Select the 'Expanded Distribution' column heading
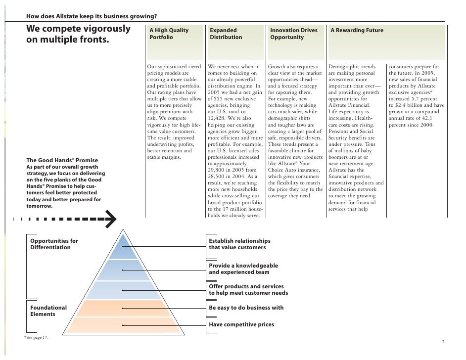tap(226, 34)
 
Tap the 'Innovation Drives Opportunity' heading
tap(294, 34)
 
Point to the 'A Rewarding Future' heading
tap(357, 31)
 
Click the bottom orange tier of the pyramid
tap(123, 325)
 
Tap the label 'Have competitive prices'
tap(241, 325)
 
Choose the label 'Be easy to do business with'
tap(246, 308)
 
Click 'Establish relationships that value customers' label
tap(240, 244)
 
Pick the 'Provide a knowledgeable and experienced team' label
tap(243, 269)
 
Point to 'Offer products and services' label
tap(246, 287)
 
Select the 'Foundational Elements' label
tap(48, 311)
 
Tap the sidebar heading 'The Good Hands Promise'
tap(62, 160)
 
